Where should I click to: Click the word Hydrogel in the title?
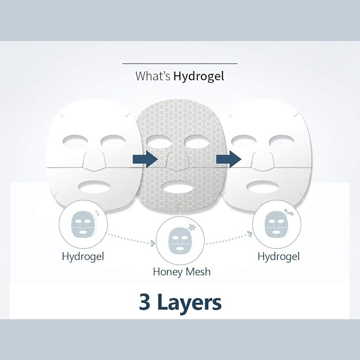199,76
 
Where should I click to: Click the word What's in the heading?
153,76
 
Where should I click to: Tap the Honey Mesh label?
182,271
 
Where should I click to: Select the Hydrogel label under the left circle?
83,257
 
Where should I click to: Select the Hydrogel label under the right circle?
278,257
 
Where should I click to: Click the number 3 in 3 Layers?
145,302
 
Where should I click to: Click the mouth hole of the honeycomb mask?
179,188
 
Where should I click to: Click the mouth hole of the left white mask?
95,187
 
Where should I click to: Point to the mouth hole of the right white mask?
264,187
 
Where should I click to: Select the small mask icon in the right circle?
276,224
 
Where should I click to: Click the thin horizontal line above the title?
180,64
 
